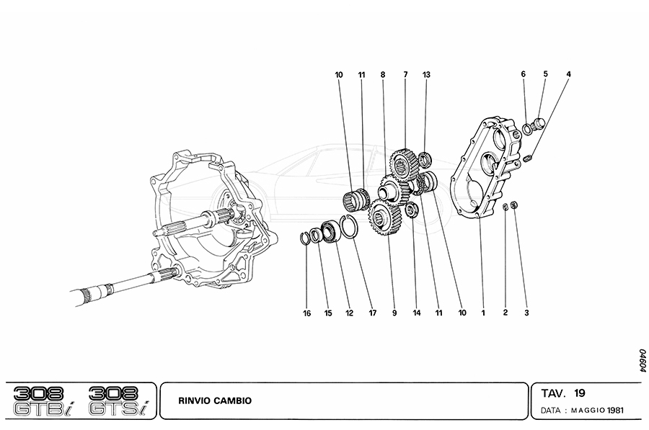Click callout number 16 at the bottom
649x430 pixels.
[306, 313]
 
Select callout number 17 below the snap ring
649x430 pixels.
[373, 313]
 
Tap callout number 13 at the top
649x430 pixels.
[426, 75]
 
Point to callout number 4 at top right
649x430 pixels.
[568, 74]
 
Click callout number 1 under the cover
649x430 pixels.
[483, 313]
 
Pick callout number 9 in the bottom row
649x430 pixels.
[394, 313]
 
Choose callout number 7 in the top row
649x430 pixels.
[406, 75]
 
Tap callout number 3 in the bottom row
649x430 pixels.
[526, 313]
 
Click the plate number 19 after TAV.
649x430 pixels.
[580, 393]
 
